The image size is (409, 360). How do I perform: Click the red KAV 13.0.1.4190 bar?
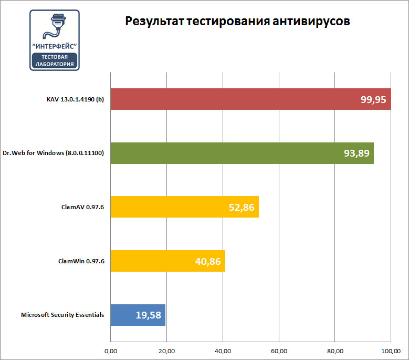[236, 99]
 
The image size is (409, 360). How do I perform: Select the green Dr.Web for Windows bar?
[226, 153]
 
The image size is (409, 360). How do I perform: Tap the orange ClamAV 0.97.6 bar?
[168, 207]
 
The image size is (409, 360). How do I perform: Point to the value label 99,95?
[373, 99]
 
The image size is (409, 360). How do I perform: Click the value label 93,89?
[356, 153]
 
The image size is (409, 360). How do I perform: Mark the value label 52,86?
[242, 208]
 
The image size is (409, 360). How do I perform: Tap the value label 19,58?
[149, 316]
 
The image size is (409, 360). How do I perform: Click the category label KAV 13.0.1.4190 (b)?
[75, 99]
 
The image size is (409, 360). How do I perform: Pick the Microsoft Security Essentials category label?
[62, 315]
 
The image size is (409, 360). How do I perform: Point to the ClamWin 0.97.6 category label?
[81, 261]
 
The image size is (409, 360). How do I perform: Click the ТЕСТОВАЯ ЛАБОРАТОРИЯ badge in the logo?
[55, 60]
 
